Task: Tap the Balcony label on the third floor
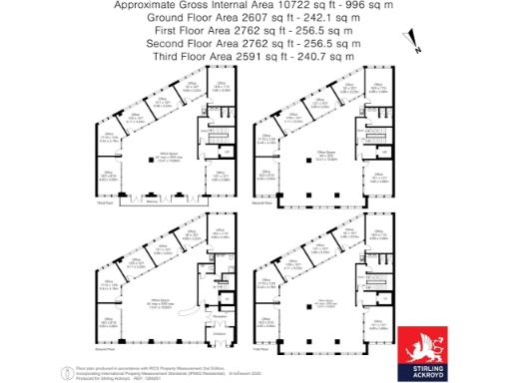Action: (153, 200)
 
